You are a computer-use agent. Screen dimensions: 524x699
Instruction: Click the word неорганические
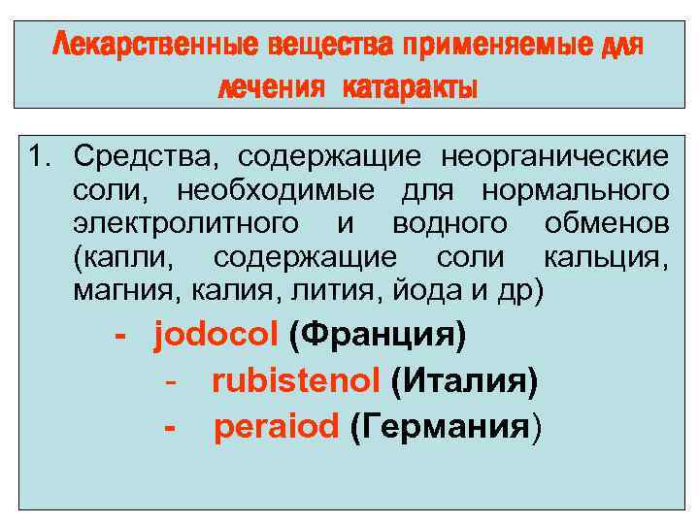(x=554, y=156)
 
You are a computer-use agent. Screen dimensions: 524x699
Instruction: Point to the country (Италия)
(x=463, y=382)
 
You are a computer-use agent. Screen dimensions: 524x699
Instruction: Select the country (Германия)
(x=446, y=427)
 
